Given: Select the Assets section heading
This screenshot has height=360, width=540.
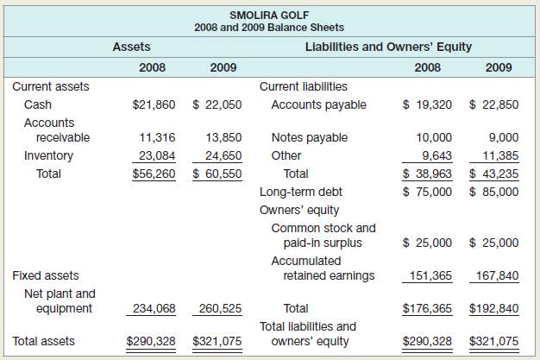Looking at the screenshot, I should [x=132, y=47].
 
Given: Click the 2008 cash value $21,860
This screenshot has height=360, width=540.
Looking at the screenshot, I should [x=154, y=105].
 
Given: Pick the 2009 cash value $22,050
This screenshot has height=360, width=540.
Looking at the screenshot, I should [x=217, y=105].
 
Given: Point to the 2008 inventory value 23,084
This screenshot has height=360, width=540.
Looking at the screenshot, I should [x=158, y=156].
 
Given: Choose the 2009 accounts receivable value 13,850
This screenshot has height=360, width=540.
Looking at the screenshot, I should [x=224, y=137].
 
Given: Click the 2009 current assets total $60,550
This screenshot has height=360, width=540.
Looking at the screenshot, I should [x=217, y=174].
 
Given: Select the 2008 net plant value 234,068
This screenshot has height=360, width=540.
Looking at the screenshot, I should [x=155, y=308].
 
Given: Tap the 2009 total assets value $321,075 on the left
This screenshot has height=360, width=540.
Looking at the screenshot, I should [x=217, y=341].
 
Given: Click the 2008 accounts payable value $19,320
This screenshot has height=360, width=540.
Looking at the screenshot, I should [x=428, y=105].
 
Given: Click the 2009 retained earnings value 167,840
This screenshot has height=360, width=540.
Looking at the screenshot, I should [x=498, y=276].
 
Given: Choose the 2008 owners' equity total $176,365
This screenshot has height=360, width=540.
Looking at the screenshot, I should [x=428, y=308].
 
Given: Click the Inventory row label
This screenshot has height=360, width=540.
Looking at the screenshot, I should [x=48, y=156].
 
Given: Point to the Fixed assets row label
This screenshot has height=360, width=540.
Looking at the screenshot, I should [x=46, y=276].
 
